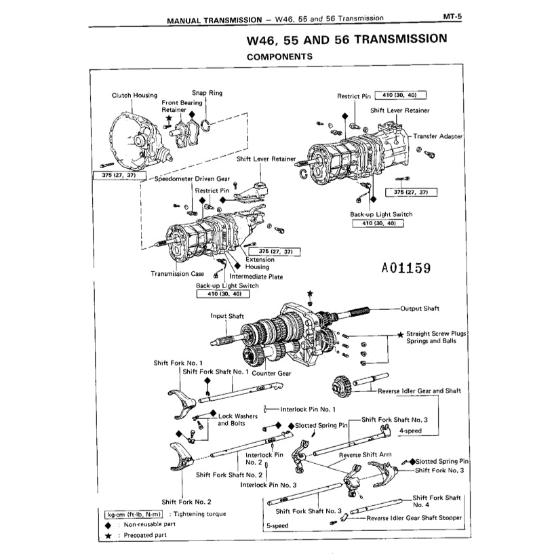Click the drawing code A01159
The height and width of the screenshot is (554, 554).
405,268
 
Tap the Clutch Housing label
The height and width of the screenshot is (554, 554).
134,96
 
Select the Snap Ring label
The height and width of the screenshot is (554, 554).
207,93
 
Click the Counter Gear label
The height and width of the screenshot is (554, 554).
271,373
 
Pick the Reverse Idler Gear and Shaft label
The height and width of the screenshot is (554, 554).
419,391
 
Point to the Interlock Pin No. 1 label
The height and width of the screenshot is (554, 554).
309,409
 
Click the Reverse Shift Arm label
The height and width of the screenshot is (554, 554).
365,455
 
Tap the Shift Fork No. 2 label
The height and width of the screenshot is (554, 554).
186,502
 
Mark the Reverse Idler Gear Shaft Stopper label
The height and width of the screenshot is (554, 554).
414,517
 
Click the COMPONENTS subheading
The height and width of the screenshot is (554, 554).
279,56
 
